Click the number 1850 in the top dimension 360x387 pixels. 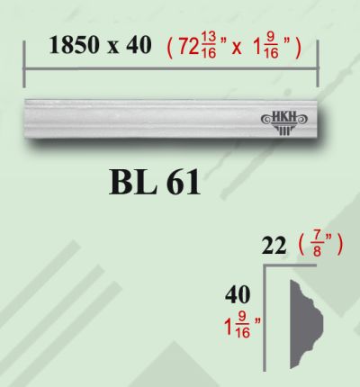pyautogui.click(x=74, y=45)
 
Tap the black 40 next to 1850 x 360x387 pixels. pyautogui.click(x=139, y=45)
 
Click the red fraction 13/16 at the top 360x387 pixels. pyautogui.click(x=209, y=45)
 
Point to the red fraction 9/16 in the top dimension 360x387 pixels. pyautogui.click(x=272, y=45)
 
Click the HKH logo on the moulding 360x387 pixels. pyautogui.click(x=283, y=122)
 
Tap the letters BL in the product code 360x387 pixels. pyautogui.click(x=133, y=182)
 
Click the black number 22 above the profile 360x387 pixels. pyautogui.click(x=274, y=246)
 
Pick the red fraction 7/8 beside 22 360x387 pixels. pyautogui.click(x=317, y=246)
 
